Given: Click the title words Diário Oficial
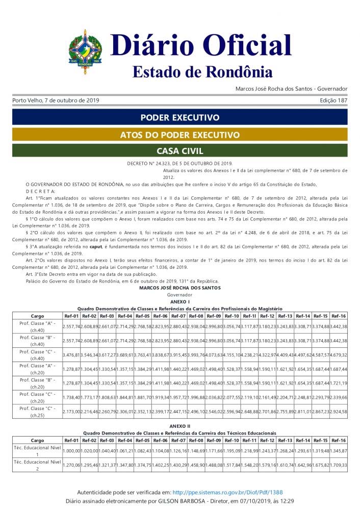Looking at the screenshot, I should (201, 45).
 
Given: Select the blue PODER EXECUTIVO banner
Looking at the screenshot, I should (180, 117).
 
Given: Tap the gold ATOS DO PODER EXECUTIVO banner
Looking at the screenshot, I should (180, 135).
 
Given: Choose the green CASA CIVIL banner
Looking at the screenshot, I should (180, 151).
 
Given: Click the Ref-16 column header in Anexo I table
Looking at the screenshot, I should (339, 316).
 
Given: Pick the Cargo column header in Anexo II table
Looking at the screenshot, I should (37, 440).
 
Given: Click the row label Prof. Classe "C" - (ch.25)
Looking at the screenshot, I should (37, 411).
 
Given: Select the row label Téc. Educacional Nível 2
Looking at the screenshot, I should (37, 465).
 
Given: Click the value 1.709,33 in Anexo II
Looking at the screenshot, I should (339, 465).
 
